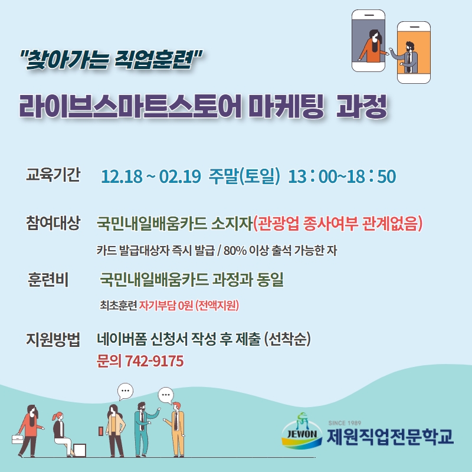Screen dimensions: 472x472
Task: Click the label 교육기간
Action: [x=53, y=174]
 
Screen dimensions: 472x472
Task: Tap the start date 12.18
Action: [x=122, y=176]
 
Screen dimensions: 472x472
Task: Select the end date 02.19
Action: [x=180, y=176]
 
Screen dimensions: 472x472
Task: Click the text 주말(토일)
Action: [x=244, y=176]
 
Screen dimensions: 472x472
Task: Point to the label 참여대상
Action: [x=53, y=223]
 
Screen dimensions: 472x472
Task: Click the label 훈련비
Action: [x=48, y=279]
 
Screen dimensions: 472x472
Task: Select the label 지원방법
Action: [x=53, y=339]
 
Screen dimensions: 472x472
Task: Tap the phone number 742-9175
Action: [x=154, y=361]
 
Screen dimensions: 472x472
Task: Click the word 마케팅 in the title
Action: [x=287, y=106]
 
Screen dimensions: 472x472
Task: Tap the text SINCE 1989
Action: [x=345, y=423]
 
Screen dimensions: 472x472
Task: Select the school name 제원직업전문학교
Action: [x=390, y=437]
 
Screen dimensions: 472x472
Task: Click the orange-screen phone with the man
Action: [x=414, y=53]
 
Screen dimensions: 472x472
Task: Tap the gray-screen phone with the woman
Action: [x=368, y=41]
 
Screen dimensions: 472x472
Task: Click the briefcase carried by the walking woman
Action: [x=18, y=439]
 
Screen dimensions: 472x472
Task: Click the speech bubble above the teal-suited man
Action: [x=166, y=395]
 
